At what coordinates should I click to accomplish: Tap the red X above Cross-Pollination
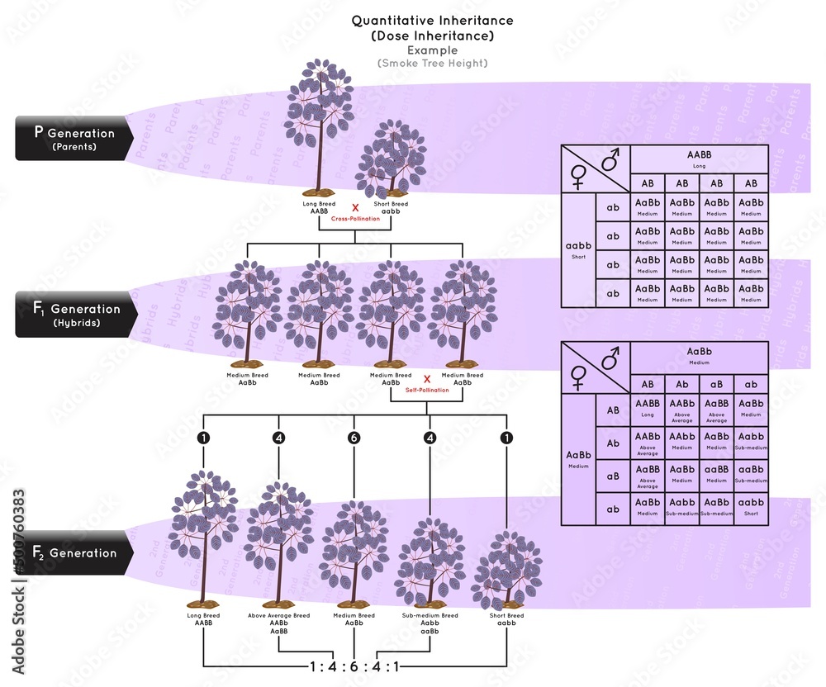355,207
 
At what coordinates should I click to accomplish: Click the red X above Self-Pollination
426,379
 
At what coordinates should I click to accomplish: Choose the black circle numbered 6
354,438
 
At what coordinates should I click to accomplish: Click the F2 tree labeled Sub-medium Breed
430,561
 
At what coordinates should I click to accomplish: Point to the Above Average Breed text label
278,615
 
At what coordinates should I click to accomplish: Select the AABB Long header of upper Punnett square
700,159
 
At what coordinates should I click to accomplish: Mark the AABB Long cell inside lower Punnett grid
648,411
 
